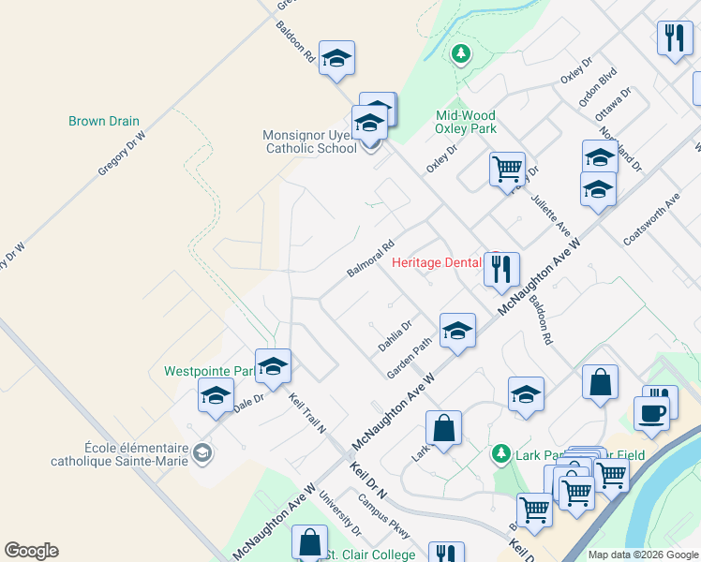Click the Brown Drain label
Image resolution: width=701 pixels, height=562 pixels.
(x=104, y=121)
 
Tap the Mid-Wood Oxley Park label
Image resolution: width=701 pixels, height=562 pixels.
(x=466, y=123)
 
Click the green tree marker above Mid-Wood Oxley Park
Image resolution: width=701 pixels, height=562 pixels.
(x=459, y=53)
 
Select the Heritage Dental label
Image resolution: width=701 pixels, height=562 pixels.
(x=436, y=262)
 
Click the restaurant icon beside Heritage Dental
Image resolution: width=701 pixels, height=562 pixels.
(x=501, y=270)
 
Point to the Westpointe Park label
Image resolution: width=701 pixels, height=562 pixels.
(x=209, y=371)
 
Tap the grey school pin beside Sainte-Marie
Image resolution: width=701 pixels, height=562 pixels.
(x=201, y=454)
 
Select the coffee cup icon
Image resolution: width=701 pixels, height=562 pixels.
(x=651, y=413)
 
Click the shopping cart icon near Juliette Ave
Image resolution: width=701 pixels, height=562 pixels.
(x=507, y=170)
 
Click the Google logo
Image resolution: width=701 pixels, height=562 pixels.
(x=31, y=551)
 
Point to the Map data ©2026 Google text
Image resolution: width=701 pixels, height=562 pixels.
(x=642, y=555)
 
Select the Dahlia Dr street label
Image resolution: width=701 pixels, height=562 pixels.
(x=395, y=335)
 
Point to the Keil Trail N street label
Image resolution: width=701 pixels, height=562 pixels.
(x=306, y=413)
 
